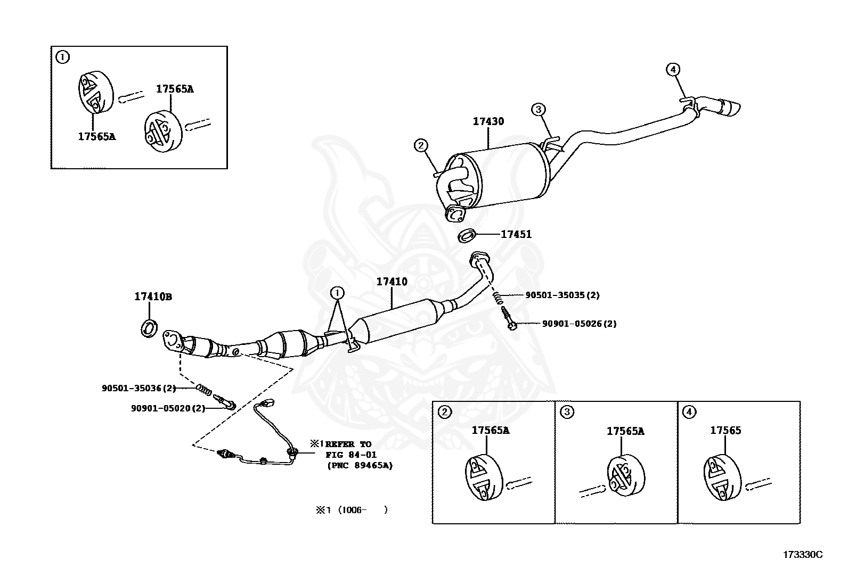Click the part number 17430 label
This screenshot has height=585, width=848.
click(x=488, y=121)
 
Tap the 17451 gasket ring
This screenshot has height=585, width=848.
click(x=467, y=235)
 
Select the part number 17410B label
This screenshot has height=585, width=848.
click(x=153, y=296)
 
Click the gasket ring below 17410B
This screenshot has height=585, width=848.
click(x=150, y=328)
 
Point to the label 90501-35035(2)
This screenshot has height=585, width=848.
click(x=562, y=295)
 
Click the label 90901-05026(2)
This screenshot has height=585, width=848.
click(x=579, y=324)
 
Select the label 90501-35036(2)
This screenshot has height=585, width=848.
click(x=138, y=388)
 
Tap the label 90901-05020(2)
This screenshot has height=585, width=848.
click(x=168, y=408)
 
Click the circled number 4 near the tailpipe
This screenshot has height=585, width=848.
click(x=673, y=69)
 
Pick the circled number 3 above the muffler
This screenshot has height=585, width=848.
click(x=538, y=110)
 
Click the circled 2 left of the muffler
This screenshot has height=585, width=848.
click(x=420, y=145)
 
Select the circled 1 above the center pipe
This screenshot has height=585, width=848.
click(x=337, y=292)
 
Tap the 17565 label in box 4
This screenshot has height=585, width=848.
click(x=725, y=431)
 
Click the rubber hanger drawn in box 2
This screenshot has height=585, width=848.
click(x=483, y=477)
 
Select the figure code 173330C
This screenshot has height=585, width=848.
click(x=802, y=555)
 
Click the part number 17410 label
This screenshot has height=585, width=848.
click(x=392, y=282)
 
